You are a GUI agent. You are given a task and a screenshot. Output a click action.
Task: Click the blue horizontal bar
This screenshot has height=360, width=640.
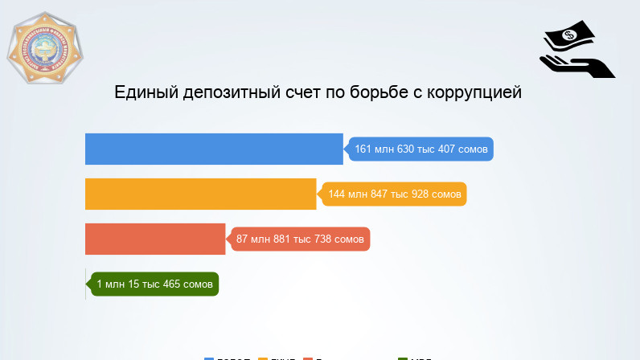214,149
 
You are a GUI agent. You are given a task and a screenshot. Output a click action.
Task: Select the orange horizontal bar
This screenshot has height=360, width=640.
201,194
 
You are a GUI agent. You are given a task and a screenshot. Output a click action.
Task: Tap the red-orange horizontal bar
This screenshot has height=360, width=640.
155,239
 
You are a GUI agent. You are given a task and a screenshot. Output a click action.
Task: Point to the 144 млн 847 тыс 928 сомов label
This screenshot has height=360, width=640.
394,194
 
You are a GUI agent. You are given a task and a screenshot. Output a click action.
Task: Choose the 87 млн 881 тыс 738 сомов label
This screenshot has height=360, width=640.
300,239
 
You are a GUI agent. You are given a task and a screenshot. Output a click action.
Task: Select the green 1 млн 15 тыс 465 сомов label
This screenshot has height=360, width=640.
154,284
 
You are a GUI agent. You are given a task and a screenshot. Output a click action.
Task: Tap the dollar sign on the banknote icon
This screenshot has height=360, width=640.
569,35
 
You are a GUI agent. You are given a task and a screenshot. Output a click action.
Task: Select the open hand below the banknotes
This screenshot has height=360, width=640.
576,64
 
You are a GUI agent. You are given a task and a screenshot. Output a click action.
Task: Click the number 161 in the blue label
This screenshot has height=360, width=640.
363,149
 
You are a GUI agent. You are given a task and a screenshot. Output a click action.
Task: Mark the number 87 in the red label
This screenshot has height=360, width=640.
243,239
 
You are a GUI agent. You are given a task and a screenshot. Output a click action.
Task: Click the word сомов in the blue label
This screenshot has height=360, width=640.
470,149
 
